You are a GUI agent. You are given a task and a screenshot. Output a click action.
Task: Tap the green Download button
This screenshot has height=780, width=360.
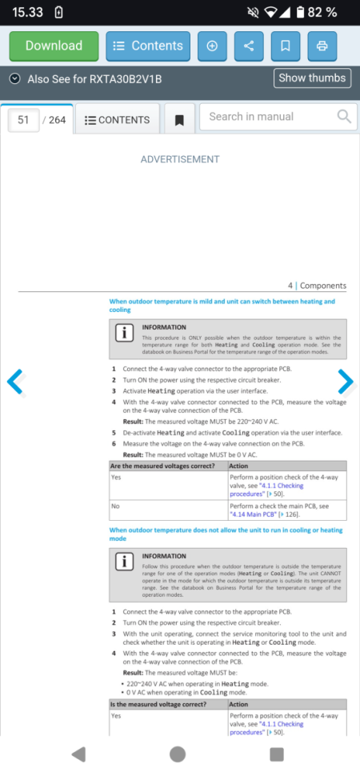(x=54, y=46)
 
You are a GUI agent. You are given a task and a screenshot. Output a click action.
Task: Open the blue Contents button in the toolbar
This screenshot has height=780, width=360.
(x=148, y=46)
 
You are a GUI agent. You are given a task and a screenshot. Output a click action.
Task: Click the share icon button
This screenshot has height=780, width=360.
(x=248, y=46)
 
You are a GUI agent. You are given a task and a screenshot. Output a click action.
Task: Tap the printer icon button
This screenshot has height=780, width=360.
(x=322, y=46)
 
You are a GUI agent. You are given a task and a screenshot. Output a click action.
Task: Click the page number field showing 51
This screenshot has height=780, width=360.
(x=24, y=120)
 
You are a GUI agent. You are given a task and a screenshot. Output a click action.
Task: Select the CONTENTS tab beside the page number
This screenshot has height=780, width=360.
(x=117, y=120)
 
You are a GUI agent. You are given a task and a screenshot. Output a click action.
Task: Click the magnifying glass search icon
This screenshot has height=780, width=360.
(x=344, y=117)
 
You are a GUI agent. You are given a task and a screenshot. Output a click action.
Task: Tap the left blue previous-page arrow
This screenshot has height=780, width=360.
(x=15, y=382)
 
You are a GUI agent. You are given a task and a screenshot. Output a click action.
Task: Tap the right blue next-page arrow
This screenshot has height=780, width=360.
(x=345, y=382)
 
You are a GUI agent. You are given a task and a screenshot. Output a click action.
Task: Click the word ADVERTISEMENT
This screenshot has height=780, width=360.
(x=179, y=159)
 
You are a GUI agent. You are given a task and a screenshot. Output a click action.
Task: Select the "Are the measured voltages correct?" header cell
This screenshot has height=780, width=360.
(x=167, y=466)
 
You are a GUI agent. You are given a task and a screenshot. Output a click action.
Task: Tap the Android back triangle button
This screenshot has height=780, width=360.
(x=78, y=754)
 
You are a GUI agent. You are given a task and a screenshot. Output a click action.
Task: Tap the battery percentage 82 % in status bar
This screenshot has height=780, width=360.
(x=321, y=12)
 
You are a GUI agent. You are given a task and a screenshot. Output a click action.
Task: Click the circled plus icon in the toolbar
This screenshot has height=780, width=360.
(x=212, y=46)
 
